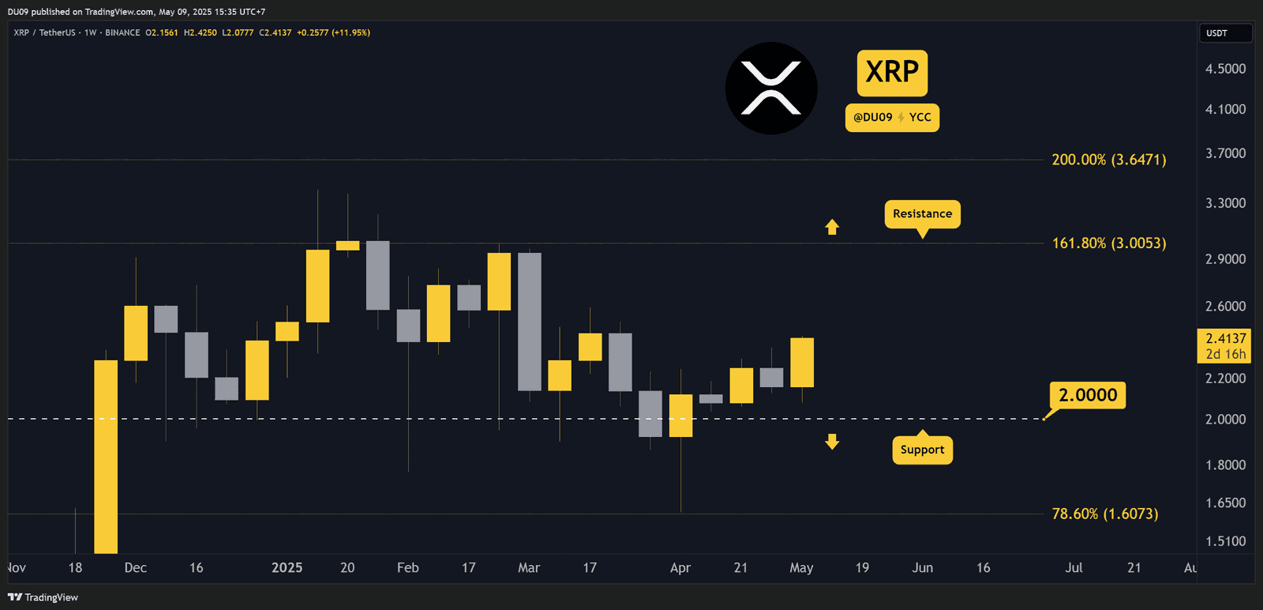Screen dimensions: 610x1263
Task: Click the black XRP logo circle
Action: (771, 88)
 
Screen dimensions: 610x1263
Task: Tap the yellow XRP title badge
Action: (892, 73)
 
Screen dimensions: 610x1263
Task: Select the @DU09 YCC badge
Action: (892, 118)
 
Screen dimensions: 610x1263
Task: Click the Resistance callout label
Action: (922, 214)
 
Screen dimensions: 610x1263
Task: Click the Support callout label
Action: (922, 450)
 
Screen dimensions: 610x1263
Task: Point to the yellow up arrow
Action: (832, 228)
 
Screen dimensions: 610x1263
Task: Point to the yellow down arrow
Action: (832, 442)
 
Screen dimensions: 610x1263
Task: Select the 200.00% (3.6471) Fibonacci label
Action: (1108, 160)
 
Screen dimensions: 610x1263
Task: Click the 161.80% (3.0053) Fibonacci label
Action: (1108, 243)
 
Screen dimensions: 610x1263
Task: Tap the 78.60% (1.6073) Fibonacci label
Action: (1104, 514)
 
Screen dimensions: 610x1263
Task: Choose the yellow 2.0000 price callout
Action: (1087, 395)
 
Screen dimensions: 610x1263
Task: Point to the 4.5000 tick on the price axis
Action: (1225, 69)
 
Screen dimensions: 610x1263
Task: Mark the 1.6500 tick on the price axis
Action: (1225, 503)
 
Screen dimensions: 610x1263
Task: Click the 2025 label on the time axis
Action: (287, 568)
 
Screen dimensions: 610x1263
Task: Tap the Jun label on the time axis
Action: (922, 568)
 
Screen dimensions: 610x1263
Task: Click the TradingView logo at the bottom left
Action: (43, 597)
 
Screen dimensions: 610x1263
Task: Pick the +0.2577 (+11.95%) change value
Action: (333, 32)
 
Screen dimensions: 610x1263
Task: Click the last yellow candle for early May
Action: (802, 363)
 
